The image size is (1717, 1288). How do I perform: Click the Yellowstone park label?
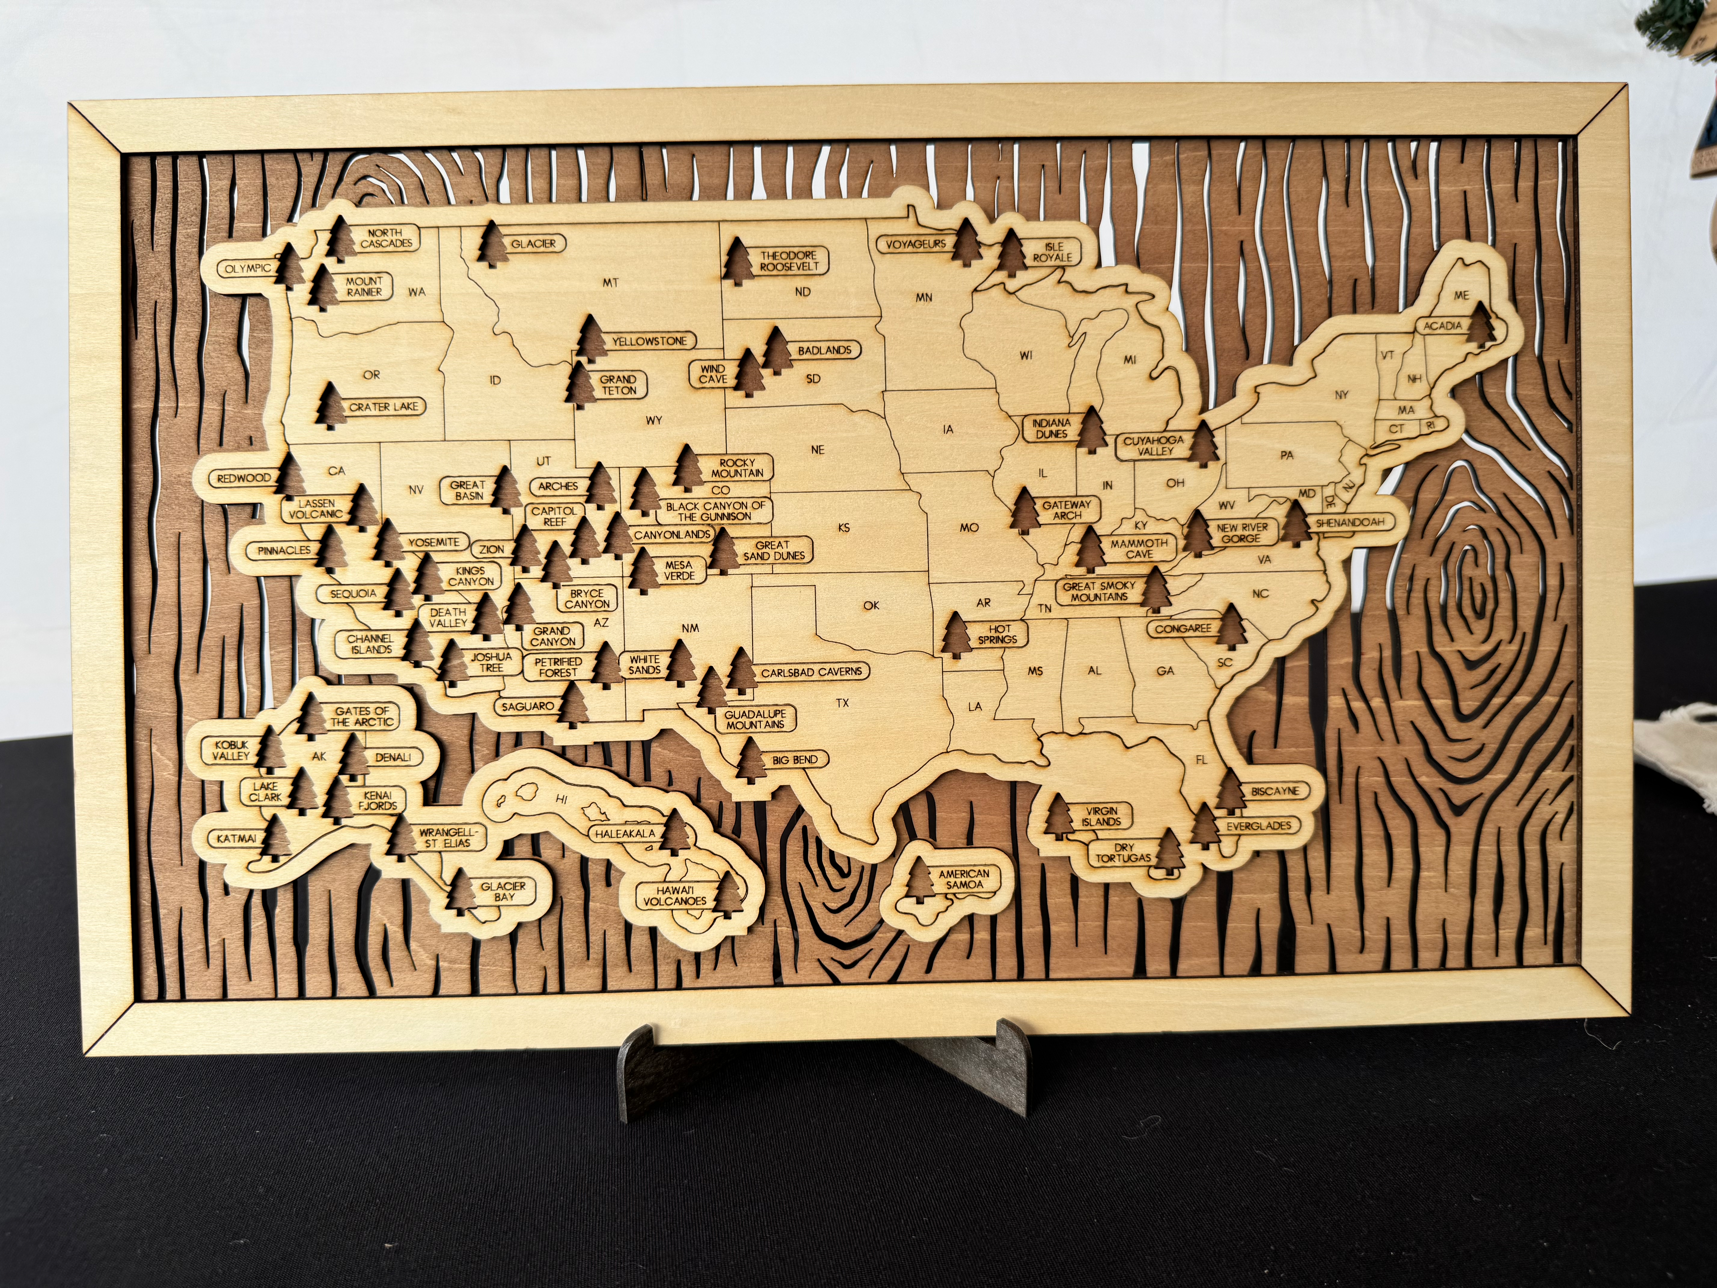(x=649, y=341)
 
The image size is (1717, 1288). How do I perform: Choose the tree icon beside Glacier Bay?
(x=464, y=891)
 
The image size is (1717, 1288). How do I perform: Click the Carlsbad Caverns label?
(x=811, y=672)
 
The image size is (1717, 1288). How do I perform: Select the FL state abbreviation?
(x=1201, y=759)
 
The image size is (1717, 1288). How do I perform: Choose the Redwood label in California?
(x=244, y=478)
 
